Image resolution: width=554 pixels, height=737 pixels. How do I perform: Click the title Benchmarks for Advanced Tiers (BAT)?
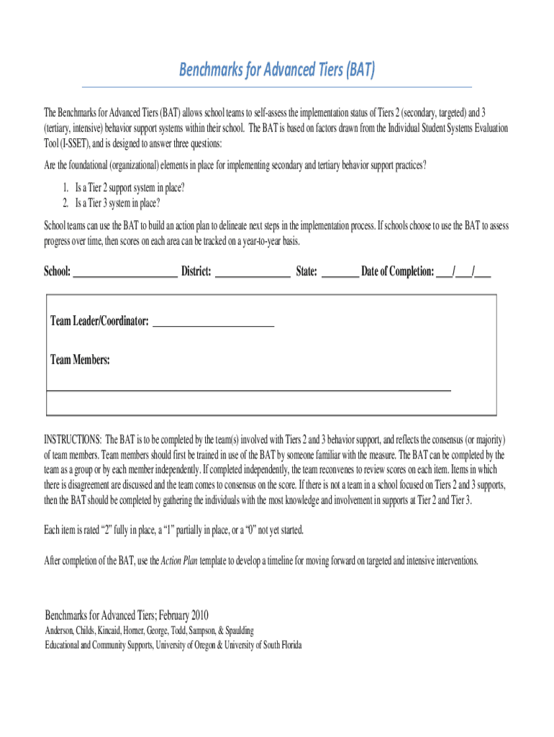[x=277, y=71]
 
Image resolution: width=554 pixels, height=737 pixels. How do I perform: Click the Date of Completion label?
[x=398, y=271]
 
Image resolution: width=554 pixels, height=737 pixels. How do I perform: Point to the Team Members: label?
[x=80, y=359]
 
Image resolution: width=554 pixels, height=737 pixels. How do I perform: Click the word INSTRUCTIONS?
[x=73, y=439]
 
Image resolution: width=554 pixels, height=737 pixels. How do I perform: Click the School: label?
[x=58, y=271]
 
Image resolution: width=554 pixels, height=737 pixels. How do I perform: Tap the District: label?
[x=196, y=271]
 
